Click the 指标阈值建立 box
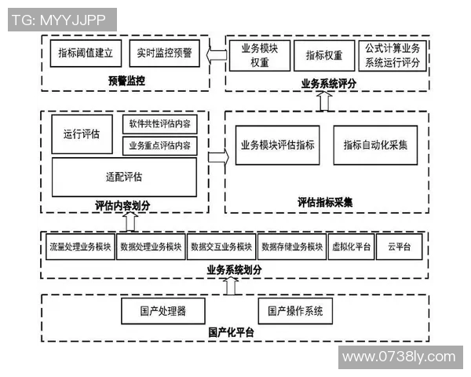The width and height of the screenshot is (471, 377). point(86,55)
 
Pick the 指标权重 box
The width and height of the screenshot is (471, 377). point(324,55)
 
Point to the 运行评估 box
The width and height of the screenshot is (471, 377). point(82,134)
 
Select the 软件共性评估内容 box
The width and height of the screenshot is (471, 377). point(159,125)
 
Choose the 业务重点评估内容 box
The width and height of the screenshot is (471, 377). point(159,145)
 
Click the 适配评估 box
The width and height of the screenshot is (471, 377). point(123,177)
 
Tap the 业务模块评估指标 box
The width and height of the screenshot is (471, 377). point(278,145)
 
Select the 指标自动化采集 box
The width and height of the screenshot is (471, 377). point(375,145)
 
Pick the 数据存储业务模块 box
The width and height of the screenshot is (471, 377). point(292,247)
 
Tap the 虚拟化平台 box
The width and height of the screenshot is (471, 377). point(352,247)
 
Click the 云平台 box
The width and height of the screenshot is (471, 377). point(399,247)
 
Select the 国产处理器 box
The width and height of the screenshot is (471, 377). point(163,310)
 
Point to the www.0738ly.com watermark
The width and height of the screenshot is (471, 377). point(400,357)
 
